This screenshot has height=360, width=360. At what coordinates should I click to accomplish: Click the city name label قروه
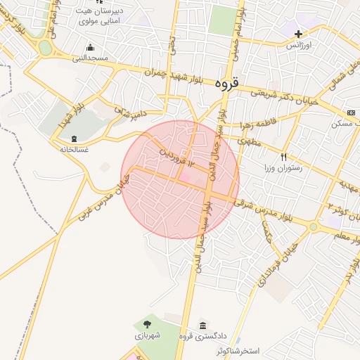pyautogui.click(x=227, y=83)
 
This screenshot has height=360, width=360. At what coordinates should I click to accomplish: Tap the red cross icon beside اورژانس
pyautogui.click(x=299, y=34)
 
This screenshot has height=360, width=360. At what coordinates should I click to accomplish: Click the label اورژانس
pyautogui.click(x=298, y=45)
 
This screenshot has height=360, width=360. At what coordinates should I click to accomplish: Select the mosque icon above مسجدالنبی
pyautogui.click(x=90, y=47)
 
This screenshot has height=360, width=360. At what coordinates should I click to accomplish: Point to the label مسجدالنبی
pyautogui.click(x=91, y=58)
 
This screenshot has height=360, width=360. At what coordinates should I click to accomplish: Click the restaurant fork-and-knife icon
pyautogui.click(x=283, y=157)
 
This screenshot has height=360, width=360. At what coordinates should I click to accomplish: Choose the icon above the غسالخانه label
pyautogui.click(x=74, y=138)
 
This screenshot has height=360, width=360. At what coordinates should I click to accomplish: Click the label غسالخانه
pyautogui.click(x=75, y=149)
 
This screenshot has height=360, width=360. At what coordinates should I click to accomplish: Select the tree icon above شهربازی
pyautogui.click(x=147, y=324)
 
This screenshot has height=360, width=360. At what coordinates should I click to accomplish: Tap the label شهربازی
pyautogui.click(x=148, y=336)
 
